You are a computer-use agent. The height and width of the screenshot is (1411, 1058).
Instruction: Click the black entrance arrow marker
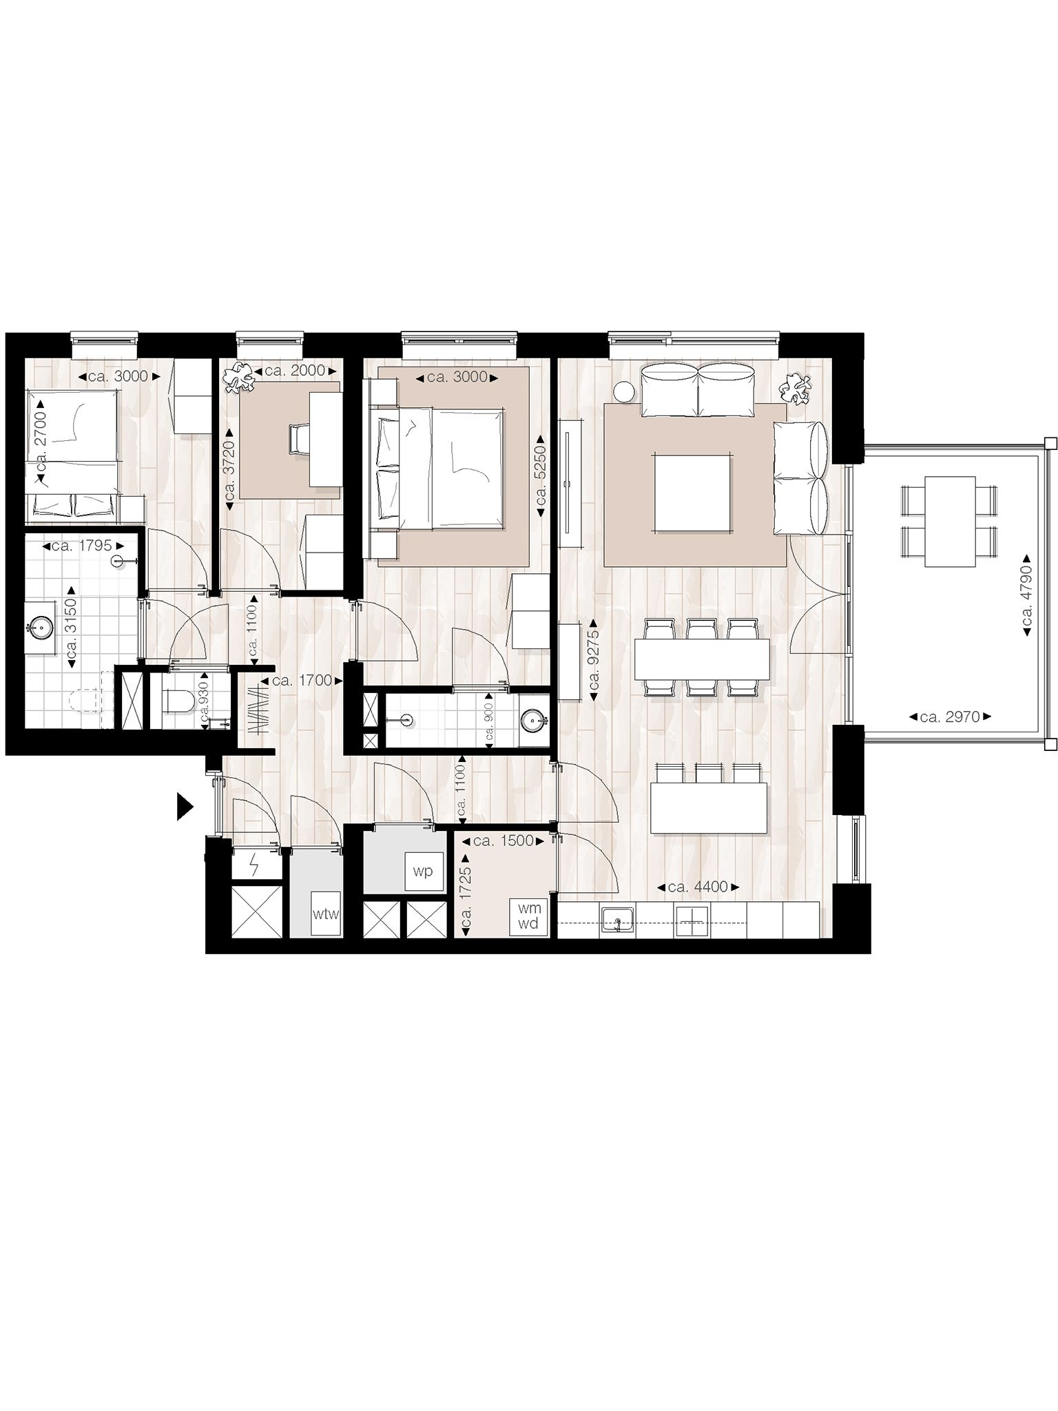(184, 807)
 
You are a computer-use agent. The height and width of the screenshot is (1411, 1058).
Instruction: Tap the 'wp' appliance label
(422, 872)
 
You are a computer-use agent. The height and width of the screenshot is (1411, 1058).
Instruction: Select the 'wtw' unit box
(326, 914)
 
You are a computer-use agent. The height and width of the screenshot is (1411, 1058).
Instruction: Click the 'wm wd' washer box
(528, 917)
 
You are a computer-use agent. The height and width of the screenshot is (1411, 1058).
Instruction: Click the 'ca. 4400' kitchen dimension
(698, 887)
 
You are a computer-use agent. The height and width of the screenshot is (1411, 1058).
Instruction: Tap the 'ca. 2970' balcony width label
(950, 717)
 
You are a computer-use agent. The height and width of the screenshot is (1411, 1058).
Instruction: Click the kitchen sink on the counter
(617, 920)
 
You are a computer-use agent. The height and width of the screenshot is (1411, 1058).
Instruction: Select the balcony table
(950, 521)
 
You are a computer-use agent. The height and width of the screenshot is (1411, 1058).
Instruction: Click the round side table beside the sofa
(624, 391)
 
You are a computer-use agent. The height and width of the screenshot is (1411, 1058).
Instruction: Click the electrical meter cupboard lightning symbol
(256, 864)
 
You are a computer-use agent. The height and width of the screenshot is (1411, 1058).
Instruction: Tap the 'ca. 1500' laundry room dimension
(505, 841)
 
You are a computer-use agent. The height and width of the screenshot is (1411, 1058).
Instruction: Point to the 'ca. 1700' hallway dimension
(302, 681)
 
